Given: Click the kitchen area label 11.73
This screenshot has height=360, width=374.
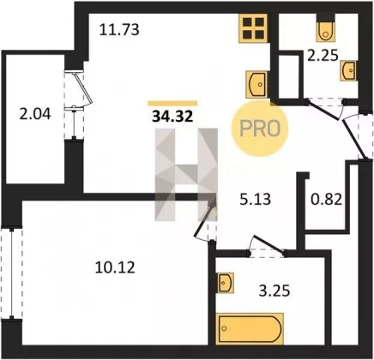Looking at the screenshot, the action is point(119,30).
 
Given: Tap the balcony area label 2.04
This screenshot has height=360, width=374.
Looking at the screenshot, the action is point(35,114).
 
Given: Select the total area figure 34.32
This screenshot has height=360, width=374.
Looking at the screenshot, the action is point(172,117).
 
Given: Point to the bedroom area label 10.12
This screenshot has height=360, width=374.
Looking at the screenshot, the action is point(115,268).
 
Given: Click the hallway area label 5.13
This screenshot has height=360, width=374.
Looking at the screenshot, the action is point(256,199).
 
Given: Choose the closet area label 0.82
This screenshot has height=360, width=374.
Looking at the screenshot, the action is point(326,199).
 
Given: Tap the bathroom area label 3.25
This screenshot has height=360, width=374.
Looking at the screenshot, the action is point(274,291).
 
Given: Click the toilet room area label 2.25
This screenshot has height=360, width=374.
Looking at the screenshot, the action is point(323,56).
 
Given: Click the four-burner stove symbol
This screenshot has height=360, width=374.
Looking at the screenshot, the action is point(253,28).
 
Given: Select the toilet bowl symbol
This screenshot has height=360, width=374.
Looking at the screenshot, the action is point(325,31).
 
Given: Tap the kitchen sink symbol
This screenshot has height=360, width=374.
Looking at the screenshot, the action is point(256,85).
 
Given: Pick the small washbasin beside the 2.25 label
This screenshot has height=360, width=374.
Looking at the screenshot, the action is point(348,70).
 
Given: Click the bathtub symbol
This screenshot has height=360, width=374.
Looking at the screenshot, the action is point(250,328).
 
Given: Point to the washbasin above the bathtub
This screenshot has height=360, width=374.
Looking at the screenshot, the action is point(226,283).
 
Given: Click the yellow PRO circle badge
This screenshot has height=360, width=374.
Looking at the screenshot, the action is point(260,129).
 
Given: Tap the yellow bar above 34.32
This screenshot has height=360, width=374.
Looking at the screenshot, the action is point(172,103).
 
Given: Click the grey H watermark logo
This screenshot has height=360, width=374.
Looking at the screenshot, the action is point(186,175).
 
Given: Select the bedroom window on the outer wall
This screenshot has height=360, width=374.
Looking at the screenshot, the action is point(11,273).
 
